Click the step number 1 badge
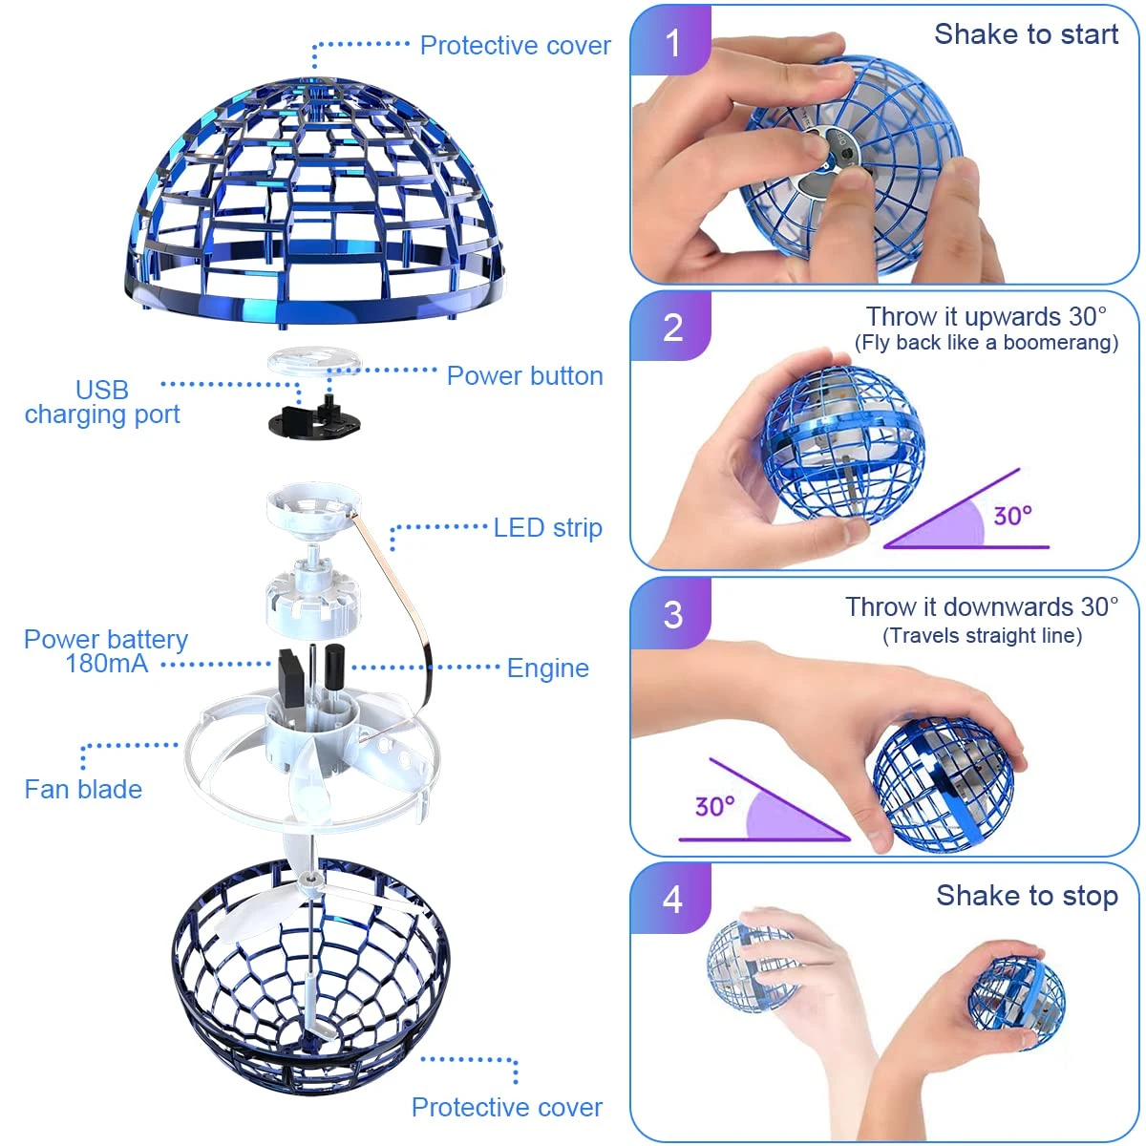(672, 42)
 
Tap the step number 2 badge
(672, 328)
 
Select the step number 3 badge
(672, 614)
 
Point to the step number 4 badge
(672, 899)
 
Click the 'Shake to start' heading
(1026, 34)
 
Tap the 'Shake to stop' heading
(1027, 896)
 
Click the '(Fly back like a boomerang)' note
(986, 343)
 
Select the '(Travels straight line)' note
(982, 636)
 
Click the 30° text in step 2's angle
(1012, 517)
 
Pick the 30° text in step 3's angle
(714, 807)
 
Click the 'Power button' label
(524, 376)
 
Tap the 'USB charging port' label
(102, 402)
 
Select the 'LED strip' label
(547, 528)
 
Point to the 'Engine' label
(547, 668)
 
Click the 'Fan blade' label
(83, 790)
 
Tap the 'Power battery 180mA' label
(105, 651)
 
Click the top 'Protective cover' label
(515, 46)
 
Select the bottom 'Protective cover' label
(506, 1108)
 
